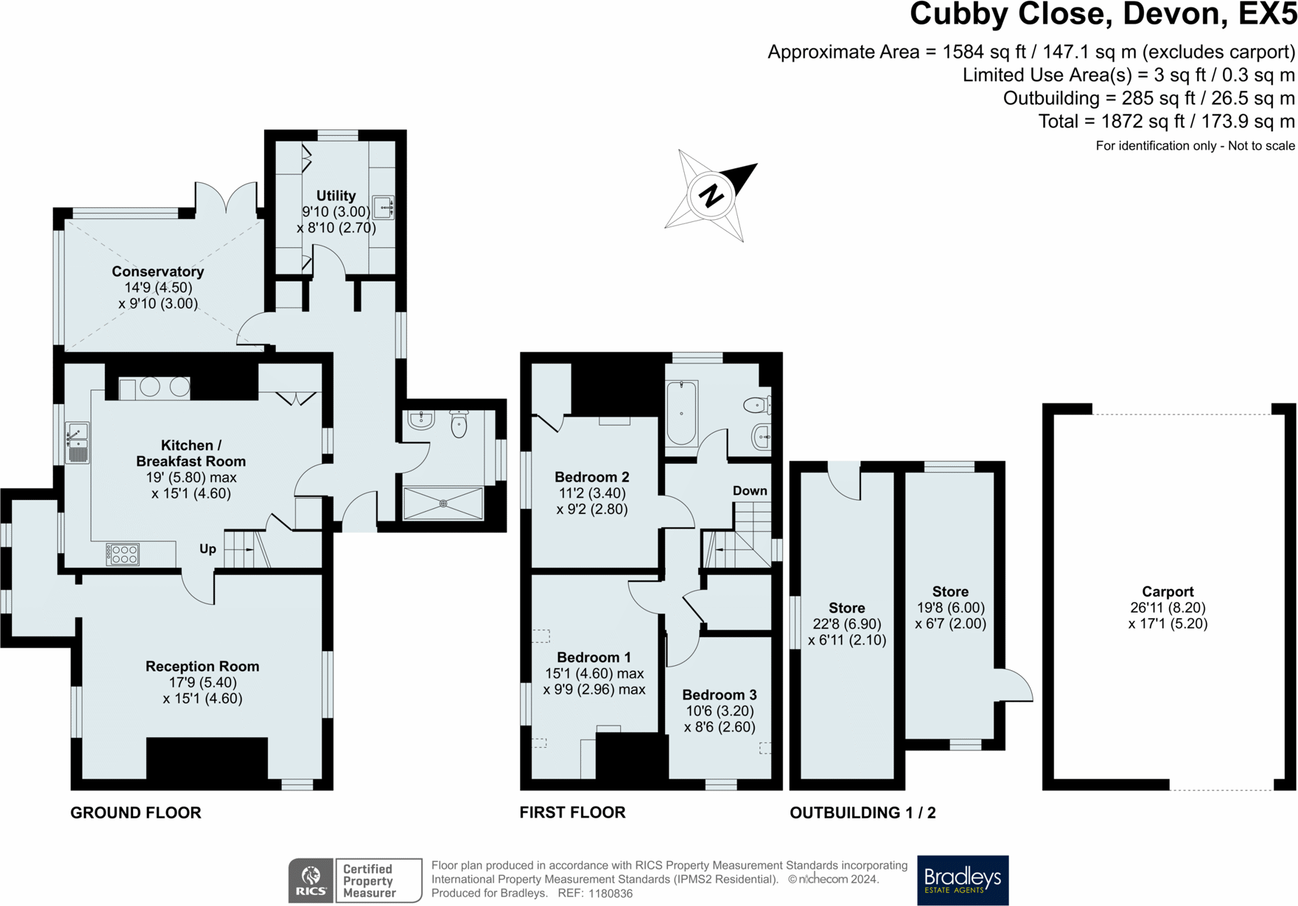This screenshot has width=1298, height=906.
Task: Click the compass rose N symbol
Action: click(x=711, y=195)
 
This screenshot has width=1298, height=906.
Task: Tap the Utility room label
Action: click(x=335, y=196)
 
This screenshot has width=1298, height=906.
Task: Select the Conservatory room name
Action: click(x=158, y=272)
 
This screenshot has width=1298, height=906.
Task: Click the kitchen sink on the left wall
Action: click(x=77, y=442)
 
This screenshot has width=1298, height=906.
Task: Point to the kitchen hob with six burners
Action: click(x=123, y=555)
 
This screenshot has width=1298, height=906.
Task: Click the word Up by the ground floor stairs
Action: click(x=207, y=549)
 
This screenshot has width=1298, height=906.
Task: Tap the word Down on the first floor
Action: click(x=749, y=491)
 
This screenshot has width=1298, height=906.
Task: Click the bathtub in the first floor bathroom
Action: click(x=681, y=413)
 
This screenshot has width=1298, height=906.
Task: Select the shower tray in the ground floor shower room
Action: click(x=443, y=503)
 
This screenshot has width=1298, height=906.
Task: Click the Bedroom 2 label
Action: click(x=592, y=478)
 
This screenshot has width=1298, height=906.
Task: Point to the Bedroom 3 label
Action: click(x=719, y=695)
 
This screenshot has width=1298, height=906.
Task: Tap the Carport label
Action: click(x=1167, y=592)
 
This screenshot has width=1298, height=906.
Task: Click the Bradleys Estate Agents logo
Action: click(x=963, y=879)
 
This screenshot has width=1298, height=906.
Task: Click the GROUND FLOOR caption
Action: click(x=136, y=813)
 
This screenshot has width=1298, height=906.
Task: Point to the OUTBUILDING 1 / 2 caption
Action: click(x=863, y=813)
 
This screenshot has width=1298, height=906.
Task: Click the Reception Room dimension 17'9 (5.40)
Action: click(x=202, y=683)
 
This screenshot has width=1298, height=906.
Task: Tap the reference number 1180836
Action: click(x=610, y=893)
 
